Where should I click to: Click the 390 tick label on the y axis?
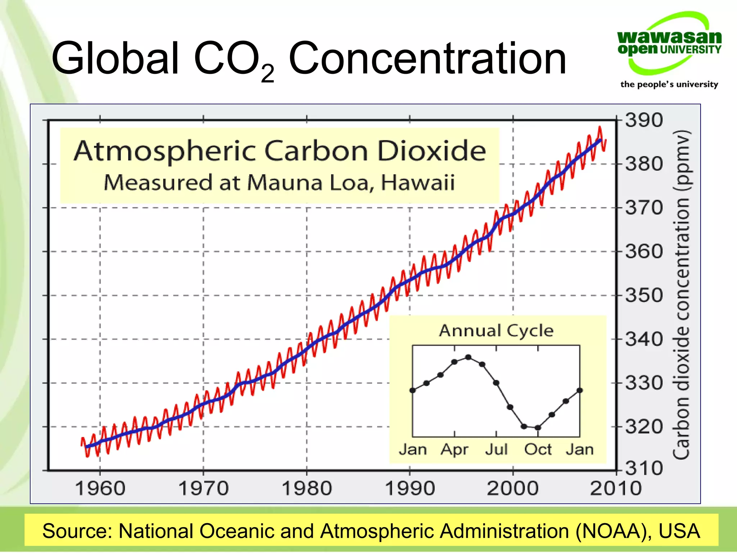pyautogui.click(x=644, y=120)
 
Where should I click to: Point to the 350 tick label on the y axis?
pyautogui.click(x=644, y=295)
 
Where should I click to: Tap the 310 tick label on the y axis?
pyautogui.click(x=644, y=468)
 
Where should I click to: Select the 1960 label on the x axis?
pyautogui.click(x=100, y=489)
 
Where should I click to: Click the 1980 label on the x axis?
pyautogui.click(x=307, y=489)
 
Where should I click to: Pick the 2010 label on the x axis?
pyautogui.click(x=616, y=489)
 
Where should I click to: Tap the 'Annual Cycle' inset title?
pyautogui.click(x=496, y=331)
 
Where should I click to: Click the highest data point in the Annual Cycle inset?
pyautogui.click(x=468, y=357)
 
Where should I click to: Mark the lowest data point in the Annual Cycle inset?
pyautogui.click(x=538, y=428)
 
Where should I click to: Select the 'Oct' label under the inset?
pyautogui.click(x=538, y=449)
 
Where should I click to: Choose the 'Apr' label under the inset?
pyautogui.click(x=455, y=449)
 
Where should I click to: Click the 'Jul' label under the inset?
pyautogui.click(x=496, y=449)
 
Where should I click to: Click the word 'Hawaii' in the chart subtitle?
pyautogui.click(x=417, y=182)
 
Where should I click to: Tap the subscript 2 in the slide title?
pyautogui.click(x=267, y=74)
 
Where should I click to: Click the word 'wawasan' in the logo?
pyautogui.click(x=669, y=37)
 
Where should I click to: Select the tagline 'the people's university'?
pyautogui.click(x=669, y=84)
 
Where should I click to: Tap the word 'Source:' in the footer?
pyautogui.click(x=78, y=531)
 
